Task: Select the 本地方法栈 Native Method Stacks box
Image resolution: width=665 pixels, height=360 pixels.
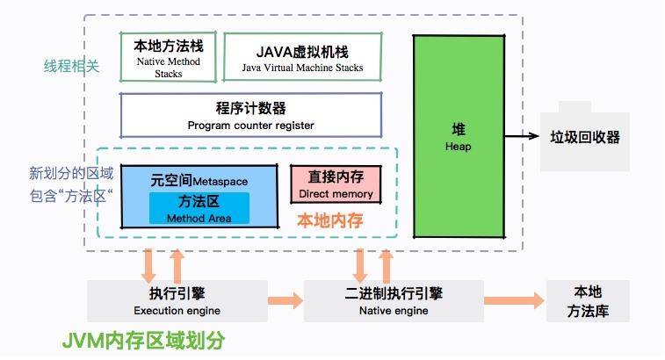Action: tap(168, 57)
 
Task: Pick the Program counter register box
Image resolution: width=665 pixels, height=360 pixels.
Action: tap(250, 115)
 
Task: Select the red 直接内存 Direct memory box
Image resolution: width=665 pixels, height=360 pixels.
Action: tap(336, 184)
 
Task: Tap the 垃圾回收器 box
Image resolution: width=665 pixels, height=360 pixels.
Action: tap(584, 138)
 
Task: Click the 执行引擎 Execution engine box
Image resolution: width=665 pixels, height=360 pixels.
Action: tap(177, 300)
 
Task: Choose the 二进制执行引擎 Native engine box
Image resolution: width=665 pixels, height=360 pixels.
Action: tap(394, 300)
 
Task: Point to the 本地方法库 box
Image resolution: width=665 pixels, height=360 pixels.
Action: tap(588, 300)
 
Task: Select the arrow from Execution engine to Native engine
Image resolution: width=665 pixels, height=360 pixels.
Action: tap(285, 300)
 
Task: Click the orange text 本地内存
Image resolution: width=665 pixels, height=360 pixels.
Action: tap(329, 220)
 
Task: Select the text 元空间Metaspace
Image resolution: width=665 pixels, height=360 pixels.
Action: tap(199, 180)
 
